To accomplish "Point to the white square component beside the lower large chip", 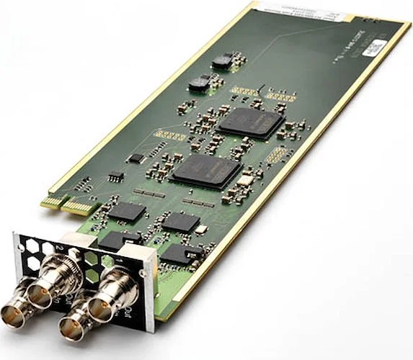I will point(246,180).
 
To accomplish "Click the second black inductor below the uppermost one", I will point(199,84).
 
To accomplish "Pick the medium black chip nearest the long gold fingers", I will point(127,210).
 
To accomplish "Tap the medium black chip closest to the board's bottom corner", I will point(177,253).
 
